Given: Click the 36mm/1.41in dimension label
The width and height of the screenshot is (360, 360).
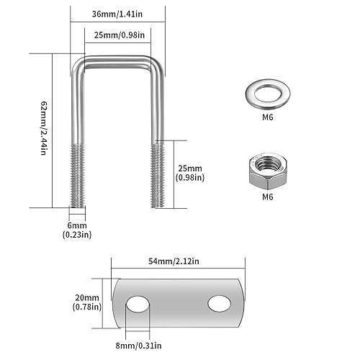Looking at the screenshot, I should click(118, 13).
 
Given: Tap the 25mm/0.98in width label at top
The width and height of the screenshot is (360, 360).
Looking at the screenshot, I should click(118, 35).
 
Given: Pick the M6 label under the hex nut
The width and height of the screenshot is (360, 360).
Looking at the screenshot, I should click(266, 197).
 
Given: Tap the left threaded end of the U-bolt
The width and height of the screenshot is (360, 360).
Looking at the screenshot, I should click(77, 174).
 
